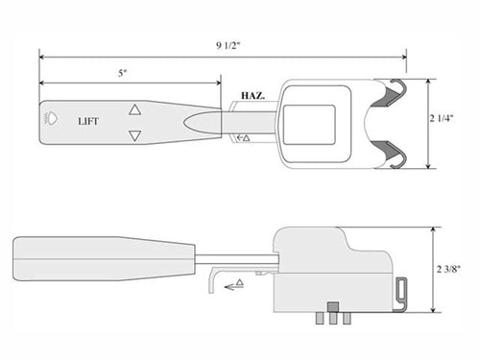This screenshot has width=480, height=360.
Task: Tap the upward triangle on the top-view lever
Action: coord(134,110)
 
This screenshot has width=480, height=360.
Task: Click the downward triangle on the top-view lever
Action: coord(134,136)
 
